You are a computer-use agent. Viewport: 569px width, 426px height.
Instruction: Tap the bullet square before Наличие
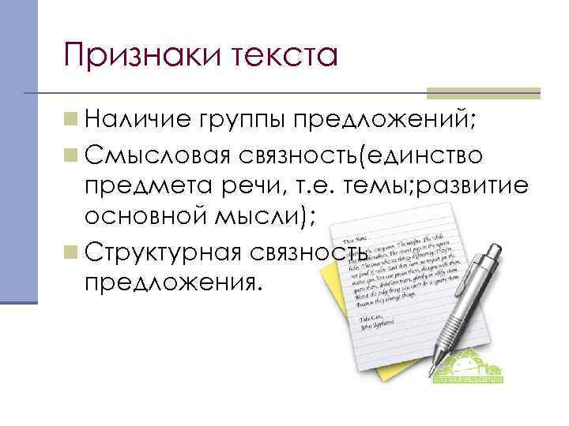pos(72,121)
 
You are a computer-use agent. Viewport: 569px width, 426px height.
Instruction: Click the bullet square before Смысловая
pos(72,155)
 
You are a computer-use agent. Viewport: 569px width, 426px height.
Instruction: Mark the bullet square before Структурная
pos(72,251)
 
